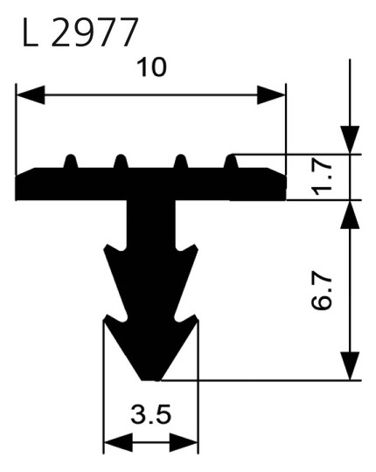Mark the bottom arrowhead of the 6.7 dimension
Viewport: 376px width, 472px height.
[x=350, y=365]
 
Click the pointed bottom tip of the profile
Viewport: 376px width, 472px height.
[x=151, y=379]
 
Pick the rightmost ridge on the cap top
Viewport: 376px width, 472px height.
[x=233, y=162]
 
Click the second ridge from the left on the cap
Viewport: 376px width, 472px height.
[x=120, y=163]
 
